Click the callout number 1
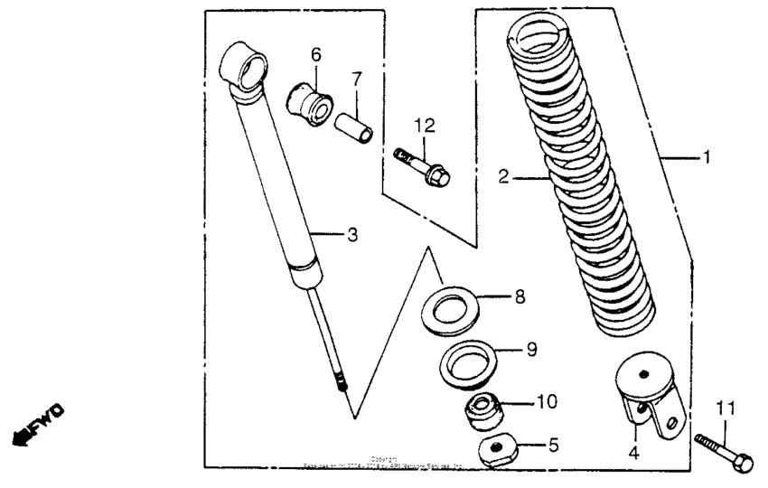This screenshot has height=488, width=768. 707,157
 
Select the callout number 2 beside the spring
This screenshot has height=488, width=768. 504,178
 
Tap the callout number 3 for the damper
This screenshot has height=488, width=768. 352,235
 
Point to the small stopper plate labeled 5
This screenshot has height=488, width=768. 496,447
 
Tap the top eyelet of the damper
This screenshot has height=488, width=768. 248,67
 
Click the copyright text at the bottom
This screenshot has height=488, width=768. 384,464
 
